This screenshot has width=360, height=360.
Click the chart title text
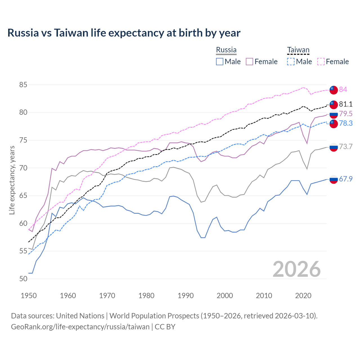point(124,33)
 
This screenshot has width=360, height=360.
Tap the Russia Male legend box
point(220,62)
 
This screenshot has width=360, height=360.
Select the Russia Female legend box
point(249,62)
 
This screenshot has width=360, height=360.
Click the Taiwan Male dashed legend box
point(291,62)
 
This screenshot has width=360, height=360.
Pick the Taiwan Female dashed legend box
point(321,62)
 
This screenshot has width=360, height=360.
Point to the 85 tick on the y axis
point(23,85)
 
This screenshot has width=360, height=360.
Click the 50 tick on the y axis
point(23,279)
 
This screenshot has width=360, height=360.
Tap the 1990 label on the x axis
point(186,296)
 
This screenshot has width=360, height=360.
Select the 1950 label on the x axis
point(29,296)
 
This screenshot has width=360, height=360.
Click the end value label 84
point(343,89)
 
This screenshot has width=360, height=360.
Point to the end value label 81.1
point(346,104)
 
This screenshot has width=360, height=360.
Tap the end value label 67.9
point(346,179)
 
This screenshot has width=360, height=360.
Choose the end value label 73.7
point(346,147)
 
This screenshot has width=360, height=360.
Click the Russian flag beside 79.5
point(334,114)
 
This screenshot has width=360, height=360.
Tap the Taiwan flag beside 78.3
point(334,123)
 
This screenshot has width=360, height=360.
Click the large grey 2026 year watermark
point(297,269)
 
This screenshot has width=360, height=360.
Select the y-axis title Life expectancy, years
point(12,180)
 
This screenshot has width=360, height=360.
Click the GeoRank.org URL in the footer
point(80,327)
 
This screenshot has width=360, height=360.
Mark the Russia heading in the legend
point(226,50)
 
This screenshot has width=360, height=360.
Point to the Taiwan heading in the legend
point(298,50)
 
